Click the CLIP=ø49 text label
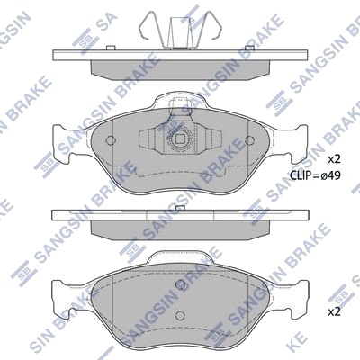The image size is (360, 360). pyautogui.click(x=315, y=175)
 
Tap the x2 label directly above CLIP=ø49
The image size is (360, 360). pyautogui.click(x=334, y=159)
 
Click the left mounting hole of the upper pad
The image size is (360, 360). pyautogui.click(x=111, y=139)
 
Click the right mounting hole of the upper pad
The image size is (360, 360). pyautogui.click(x=249, y=139)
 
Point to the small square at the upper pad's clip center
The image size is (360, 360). pyautogui.click(x=180, y=139)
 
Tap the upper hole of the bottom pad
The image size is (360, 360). pyautogui.click(x=180, y=284)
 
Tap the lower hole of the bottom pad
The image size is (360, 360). pyautogui.click(x=180, y=315)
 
